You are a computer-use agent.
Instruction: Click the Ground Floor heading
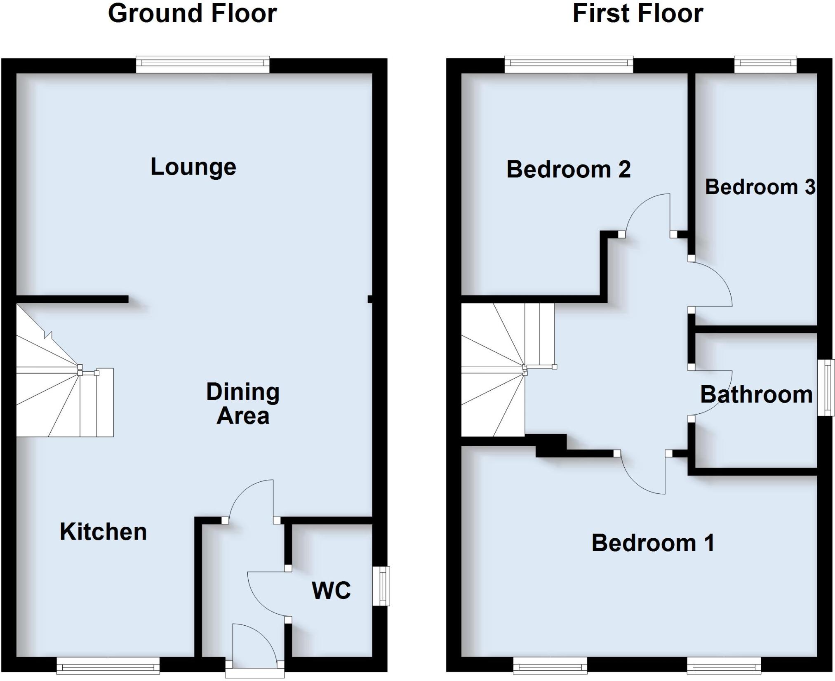(x=192, y=14)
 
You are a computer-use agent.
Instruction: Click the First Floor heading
(x=637, y=14)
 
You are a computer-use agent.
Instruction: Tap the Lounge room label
(x=193, y=167)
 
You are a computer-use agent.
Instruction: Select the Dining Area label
(x=243, y=403)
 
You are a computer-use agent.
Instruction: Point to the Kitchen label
(x=103, y=532)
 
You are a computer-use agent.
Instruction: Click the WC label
(x=331, y=590)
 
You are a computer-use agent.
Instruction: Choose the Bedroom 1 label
(x=653, y=543)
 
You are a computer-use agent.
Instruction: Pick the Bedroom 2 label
(x=568, y=170)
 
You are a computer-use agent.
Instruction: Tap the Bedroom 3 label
(x=760, y=187)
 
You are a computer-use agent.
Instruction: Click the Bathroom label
(x=756, y=395)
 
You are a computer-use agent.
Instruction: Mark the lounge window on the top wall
(x=202, y=64)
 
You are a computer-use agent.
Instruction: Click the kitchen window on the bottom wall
(x=108, y=665)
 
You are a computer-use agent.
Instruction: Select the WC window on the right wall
(x=381, y=586)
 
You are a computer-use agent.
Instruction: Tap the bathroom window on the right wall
(x=826, y=388)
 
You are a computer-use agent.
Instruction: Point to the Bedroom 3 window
(x=765, y=64)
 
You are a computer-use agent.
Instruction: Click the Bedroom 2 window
(x=569, y=64)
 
